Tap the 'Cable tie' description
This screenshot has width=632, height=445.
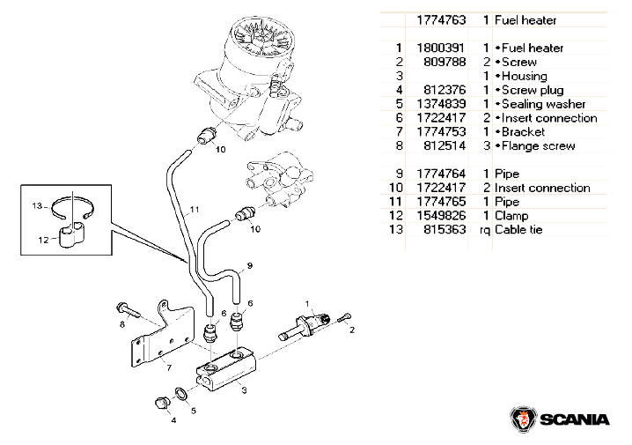coord(520,230)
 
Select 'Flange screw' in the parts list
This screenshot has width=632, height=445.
coord(537,146)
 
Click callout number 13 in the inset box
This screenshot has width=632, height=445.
coord(37,206)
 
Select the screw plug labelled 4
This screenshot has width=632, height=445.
coord(161,404)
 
